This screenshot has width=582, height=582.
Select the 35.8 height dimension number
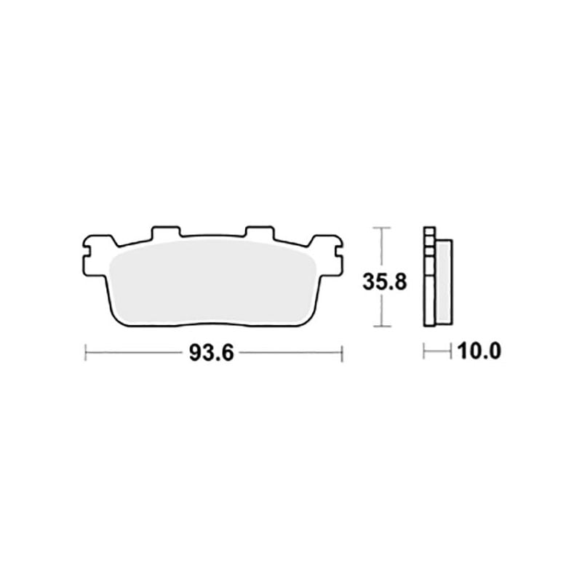[x=380, y=280]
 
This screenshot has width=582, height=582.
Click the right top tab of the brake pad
[x=257, y=232]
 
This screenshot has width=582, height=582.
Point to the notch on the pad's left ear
[x=86, y=254]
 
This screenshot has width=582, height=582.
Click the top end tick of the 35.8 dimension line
[x=380, y=228]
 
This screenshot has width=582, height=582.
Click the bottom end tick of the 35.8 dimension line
[x=380, y=328]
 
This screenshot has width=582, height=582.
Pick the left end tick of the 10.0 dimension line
[x=424, y=354]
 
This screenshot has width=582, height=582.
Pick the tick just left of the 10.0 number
[x=452, y=354]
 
